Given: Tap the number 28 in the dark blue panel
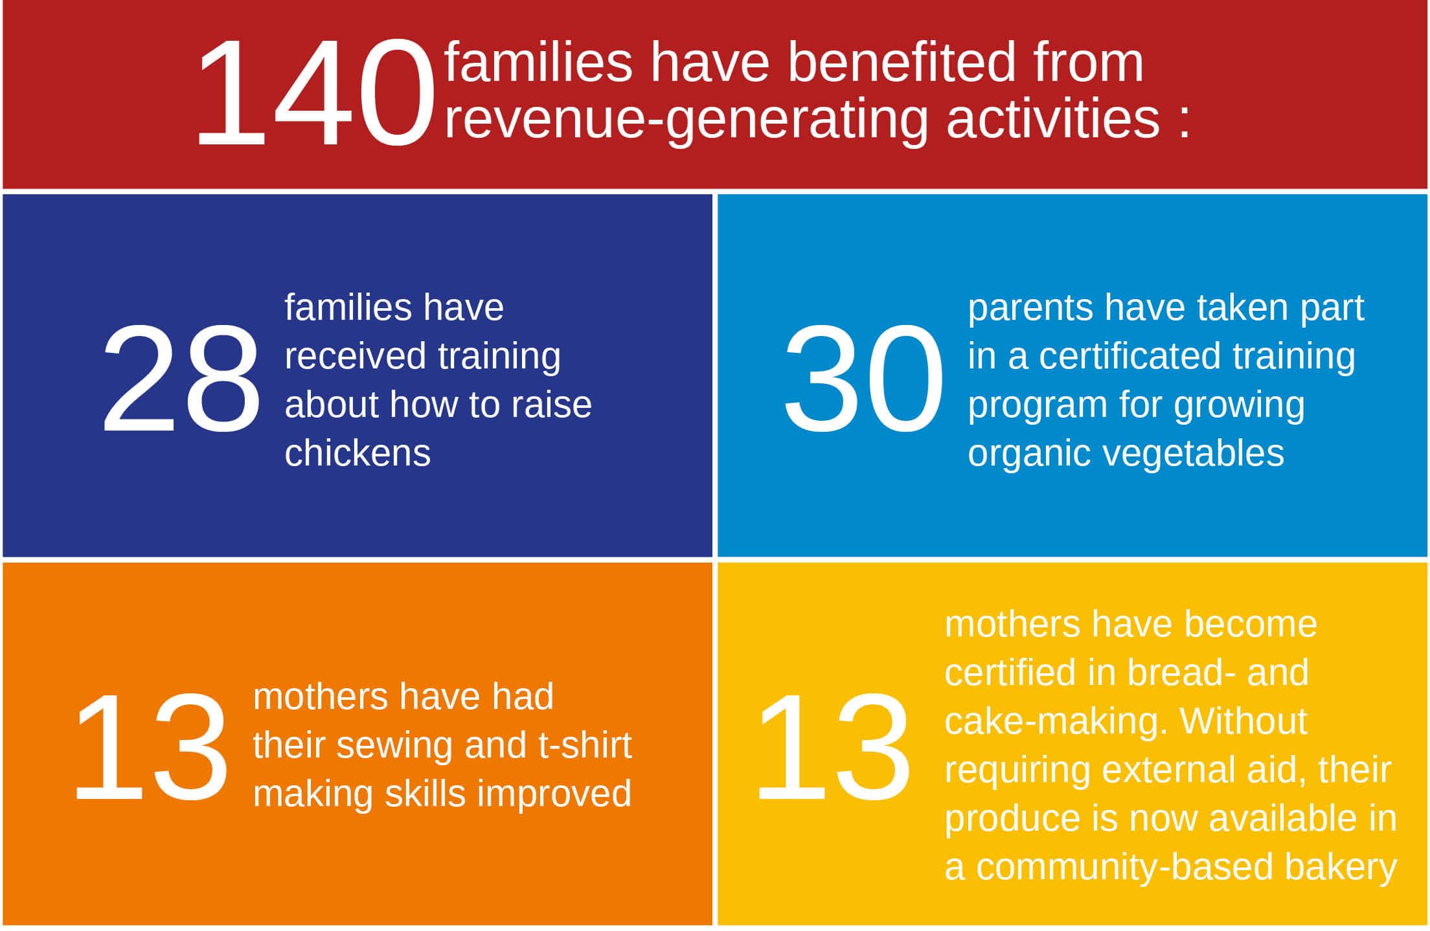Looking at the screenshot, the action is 181,379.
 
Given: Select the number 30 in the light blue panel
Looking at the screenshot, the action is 863,379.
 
